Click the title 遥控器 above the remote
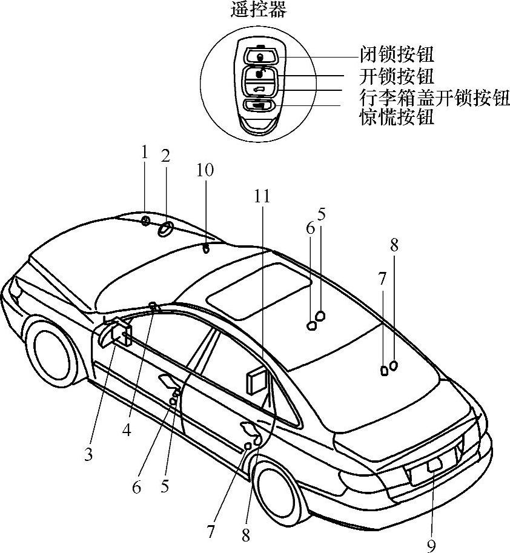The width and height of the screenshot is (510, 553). (259, 10)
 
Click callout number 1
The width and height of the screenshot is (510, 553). (144, 151)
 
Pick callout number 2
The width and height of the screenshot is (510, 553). (165, 156)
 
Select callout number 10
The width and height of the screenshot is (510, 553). (205, 170)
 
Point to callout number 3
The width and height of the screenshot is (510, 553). (88, 454)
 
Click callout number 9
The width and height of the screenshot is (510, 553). (431, 545)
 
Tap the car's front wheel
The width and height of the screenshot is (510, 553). (52, 351)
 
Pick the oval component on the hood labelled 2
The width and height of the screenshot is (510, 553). (165, 229)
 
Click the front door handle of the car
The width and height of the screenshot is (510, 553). (167, 382)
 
